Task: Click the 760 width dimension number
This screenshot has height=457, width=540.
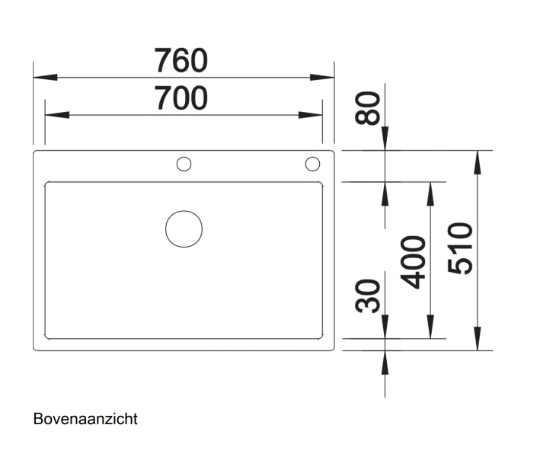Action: tap(181, 59)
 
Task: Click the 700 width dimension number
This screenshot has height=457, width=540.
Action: tap(181, 98)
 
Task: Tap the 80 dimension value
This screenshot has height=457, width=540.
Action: tap(370, 109)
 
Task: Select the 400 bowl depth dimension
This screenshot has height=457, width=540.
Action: tap(414, 261)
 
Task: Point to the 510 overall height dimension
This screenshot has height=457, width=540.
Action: tap(461, 248)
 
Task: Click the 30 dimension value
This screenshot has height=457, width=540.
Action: tap(369, 296)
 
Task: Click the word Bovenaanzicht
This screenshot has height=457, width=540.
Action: tap(85, 419)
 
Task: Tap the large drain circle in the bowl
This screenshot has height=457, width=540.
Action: tap(184, 228)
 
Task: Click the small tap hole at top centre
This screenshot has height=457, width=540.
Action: tap(184, 164)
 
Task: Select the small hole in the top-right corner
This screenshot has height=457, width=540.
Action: tap(312, 164)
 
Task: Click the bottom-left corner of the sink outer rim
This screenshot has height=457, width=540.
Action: tap(35, 349)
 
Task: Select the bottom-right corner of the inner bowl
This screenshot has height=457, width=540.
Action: tap(321, 337)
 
